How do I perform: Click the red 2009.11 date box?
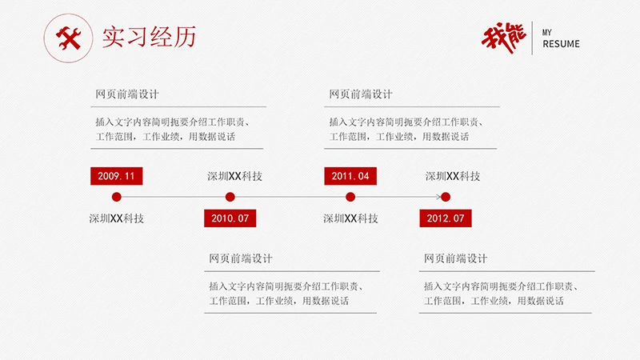(x=116, y=176)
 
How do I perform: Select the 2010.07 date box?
(x=230, y=218)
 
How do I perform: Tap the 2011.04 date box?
(x=350, y=176)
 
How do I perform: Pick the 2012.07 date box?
(x=446, y=218)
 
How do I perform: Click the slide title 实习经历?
(x=149, y=38)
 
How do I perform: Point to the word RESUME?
(x=561, y=44)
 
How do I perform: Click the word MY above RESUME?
(x=548, y=32)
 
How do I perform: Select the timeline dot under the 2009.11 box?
(x=116, y=197)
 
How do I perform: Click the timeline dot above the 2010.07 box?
(x=230, y=197)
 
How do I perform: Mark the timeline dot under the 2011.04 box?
(x=350, y=197)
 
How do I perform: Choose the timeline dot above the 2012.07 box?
(x=446, y=197)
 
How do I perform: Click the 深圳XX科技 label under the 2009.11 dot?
(x=116, y=218)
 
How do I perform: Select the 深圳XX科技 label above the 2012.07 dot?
(x=453, y=176)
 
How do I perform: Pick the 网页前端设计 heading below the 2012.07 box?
(x=455, y=258)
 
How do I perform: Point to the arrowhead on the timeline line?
(x=438, y=197)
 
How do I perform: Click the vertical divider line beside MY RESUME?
(x=534, y=37)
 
